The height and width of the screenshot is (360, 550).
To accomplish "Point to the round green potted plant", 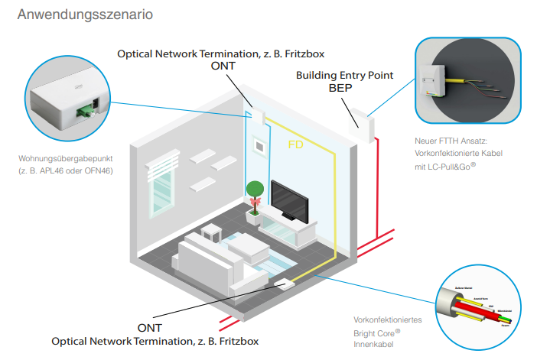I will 254,190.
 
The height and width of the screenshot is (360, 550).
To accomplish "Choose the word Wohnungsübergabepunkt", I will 67,159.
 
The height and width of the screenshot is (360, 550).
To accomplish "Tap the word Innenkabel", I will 371,345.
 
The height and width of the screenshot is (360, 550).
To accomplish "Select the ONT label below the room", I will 150,327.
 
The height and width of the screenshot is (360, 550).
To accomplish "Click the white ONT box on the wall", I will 257,117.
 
